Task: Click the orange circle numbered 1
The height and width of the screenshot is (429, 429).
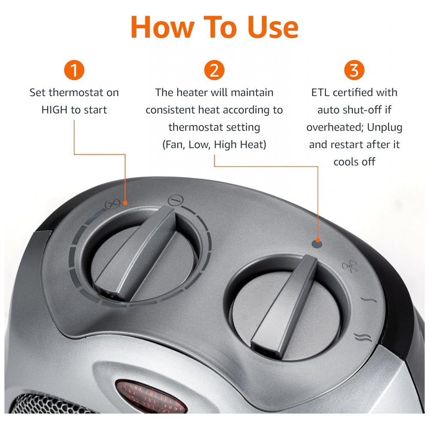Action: (x=74, y=70)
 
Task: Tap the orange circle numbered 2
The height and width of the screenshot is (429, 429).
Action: (x=214, y=70)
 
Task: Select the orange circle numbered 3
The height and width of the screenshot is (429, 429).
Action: (x=354, y=70)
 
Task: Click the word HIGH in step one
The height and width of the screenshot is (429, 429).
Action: (x=54, y=110)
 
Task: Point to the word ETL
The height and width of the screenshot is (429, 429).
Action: (x=320, y=93)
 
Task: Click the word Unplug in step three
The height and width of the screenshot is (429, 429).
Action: (x=385, y=128)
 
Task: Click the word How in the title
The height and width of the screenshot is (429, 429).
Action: (x=163, y=27)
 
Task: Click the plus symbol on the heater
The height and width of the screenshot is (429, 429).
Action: (x=112, y=204)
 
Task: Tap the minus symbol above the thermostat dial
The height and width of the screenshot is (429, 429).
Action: (x=175, y=200)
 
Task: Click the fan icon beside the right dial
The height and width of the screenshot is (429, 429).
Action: (x=350, y=266)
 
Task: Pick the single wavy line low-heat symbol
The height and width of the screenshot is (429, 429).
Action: (x=369, y=299)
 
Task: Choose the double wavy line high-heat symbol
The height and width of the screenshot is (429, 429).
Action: (x=363, y=337)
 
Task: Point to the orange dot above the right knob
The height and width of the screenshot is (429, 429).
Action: (x=317, y=240)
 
